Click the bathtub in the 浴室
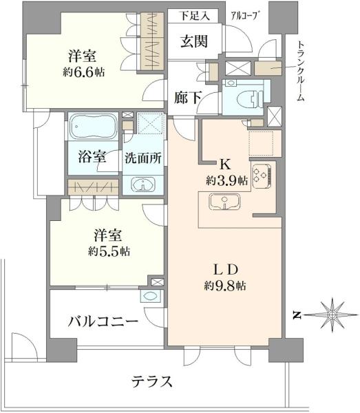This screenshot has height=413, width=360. [x=94, y=128]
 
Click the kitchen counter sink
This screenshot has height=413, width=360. [x=224, y=203]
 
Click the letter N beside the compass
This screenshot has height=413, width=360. [x=297, y=315]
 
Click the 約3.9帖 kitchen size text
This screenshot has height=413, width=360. [x=224, y=180]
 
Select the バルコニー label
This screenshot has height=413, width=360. [x=102, y=321]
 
